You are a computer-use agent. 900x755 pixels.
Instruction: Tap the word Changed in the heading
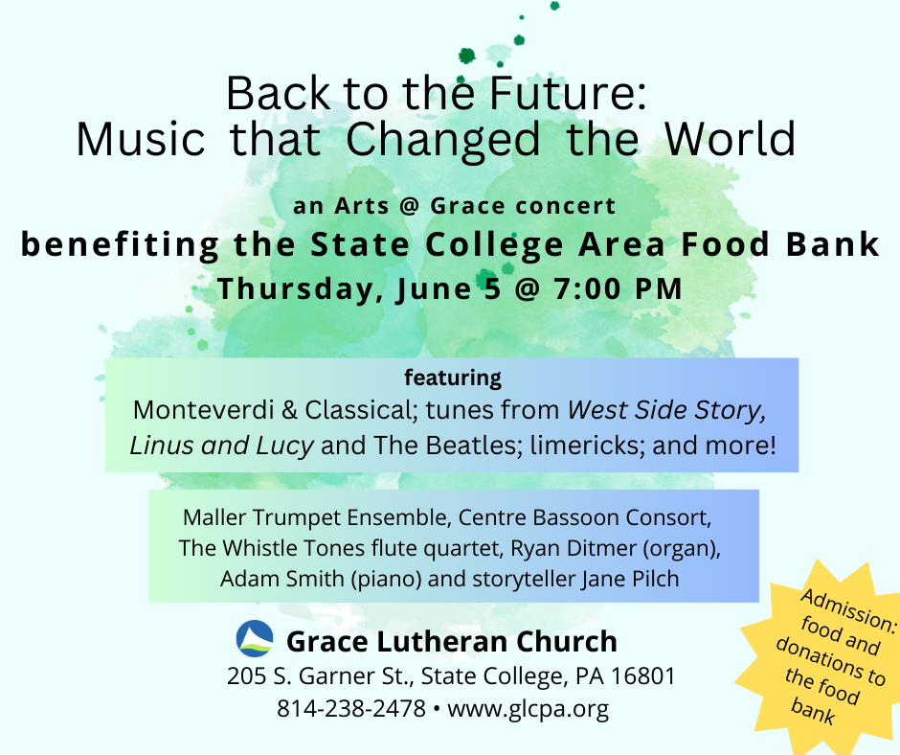pos(442,141)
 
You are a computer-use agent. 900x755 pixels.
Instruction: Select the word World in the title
pos(730,139)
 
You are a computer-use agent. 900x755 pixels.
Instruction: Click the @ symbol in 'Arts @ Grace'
pos(410,206)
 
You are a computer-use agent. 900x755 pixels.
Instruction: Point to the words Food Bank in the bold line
pos(780,244)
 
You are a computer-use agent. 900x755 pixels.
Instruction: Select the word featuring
pos(452,377)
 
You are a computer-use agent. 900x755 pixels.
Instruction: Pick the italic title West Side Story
pos(666,410)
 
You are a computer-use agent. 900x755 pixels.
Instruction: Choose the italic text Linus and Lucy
pos(221,446)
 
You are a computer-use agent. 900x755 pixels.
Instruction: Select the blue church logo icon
pos(255,638)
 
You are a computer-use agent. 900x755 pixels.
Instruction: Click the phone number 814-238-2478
pos(351,708)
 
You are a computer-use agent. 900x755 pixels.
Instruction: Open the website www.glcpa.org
pos(528,709)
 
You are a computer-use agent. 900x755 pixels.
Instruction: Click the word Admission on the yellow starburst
pos(847,610)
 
